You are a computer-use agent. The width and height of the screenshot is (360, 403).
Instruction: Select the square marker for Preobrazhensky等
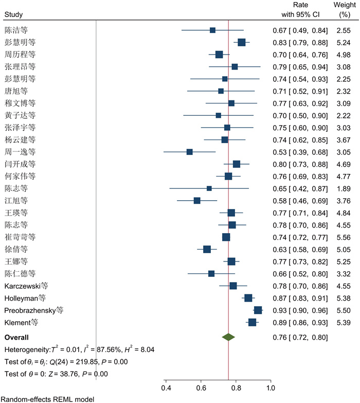pyautogui.click(x=258, y=310)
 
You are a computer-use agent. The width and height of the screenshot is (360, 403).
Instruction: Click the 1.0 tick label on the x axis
pyautogui.click(x=271, y=387)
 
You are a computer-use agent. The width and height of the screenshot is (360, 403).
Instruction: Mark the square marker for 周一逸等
pyautogui.click(x=189, y=152)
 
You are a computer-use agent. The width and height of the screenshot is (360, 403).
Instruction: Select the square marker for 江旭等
pyautogui.click(x=197, y=200)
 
